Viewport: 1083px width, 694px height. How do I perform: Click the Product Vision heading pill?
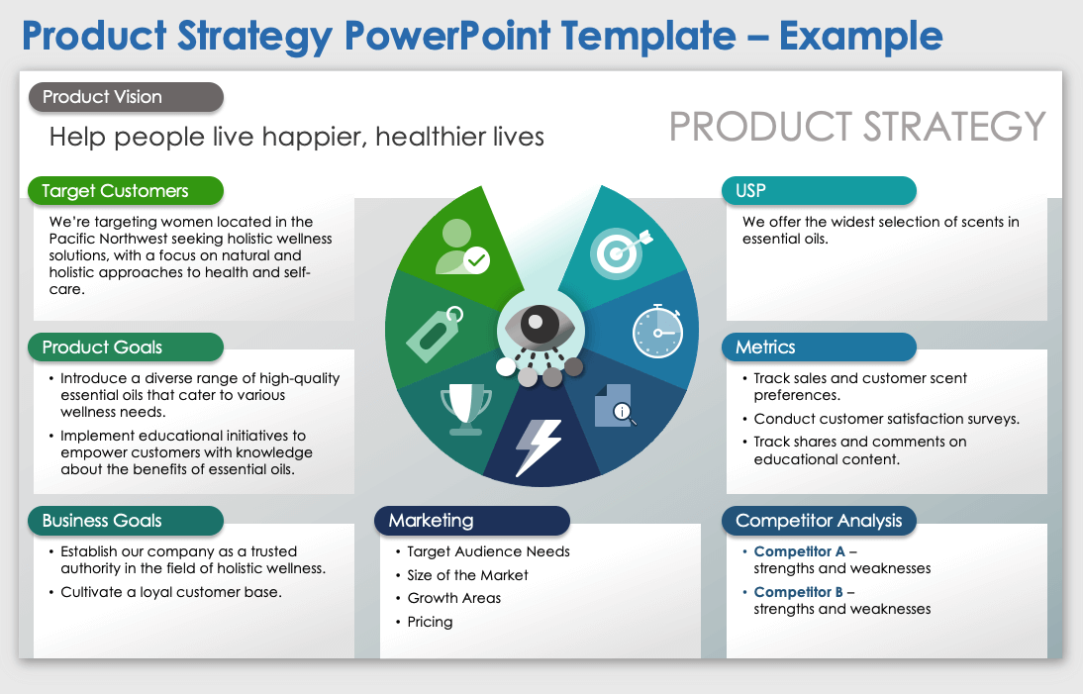click(x=126, y=97)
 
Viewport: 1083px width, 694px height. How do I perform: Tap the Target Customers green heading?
click(x=126, y=191)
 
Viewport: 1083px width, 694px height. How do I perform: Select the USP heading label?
click(x=820, y=191)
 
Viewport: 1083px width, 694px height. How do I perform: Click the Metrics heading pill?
click(x=820, y=347)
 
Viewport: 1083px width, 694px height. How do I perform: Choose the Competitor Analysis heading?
click(x=820, y=521)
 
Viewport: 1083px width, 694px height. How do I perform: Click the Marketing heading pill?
click(x=472, y=521)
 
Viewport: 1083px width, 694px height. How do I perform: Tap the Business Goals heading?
click(x=126, y=521)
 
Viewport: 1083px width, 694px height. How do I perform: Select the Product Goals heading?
click(x=126, y=347)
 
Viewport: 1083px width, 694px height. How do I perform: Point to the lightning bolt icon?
click(x=539, y=446)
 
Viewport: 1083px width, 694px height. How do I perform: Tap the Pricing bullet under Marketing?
click(x=430, y=622)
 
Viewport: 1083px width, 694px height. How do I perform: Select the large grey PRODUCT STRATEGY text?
click(x=857, y=127)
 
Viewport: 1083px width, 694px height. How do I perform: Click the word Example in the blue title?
click(x=860, y=36)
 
